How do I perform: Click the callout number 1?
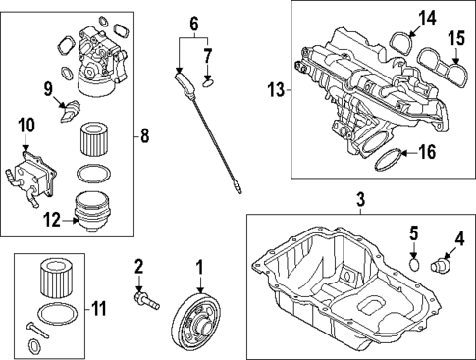(199, 265)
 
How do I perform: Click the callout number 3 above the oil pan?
(360, 201)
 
